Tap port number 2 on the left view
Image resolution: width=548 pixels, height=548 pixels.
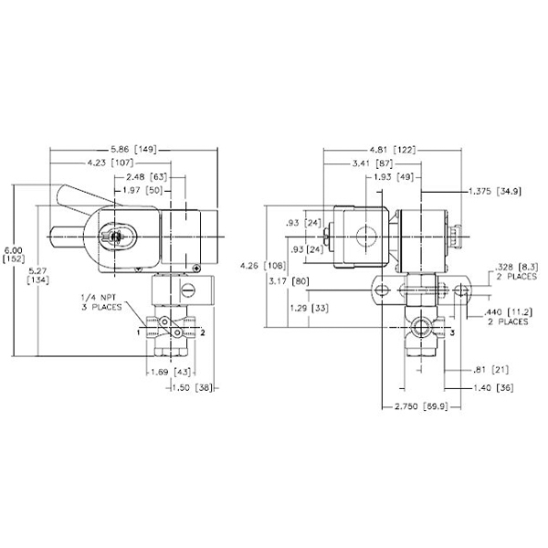(203, 334)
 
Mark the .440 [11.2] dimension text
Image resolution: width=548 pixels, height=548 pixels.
(509, 316)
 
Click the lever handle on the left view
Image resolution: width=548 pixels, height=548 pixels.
(76, 197)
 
